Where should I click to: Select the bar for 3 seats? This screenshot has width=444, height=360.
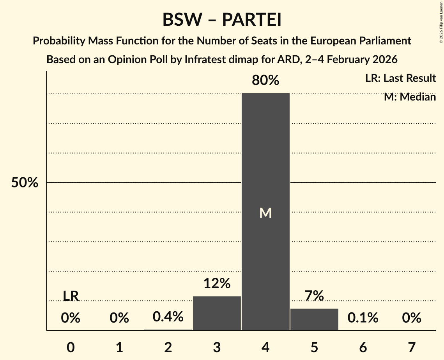pos(217,313)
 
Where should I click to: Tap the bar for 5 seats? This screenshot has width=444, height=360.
pos(314,319)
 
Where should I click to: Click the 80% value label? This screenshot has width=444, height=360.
pos(265,81)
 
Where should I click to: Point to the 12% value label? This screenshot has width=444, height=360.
pos(217,283)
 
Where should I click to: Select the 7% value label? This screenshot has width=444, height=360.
pos(314,296)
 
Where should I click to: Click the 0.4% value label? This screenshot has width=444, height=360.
pos(168,317)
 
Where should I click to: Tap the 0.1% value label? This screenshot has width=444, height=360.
pos(363,318)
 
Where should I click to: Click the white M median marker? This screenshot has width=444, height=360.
pos(265,213)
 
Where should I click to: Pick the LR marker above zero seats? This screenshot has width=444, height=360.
pos(71,296)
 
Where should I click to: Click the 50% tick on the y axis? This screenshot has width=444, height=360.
pos(25,183)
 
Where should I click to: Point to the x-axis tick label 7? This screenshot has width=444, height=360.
pos(412,347)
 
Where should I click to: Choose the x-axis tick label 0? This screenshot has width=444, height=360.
pos(71,347)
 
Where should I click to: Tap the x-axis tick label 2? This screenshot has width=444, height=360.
pos(168,347)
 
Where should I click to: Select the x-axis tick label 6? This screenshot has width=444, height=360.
pos(363,347)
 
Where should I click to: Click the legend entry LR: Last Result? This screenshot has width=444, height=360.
pos(400,78)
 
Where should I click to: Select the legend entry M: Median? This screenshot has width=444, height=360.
pos(410,97)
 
